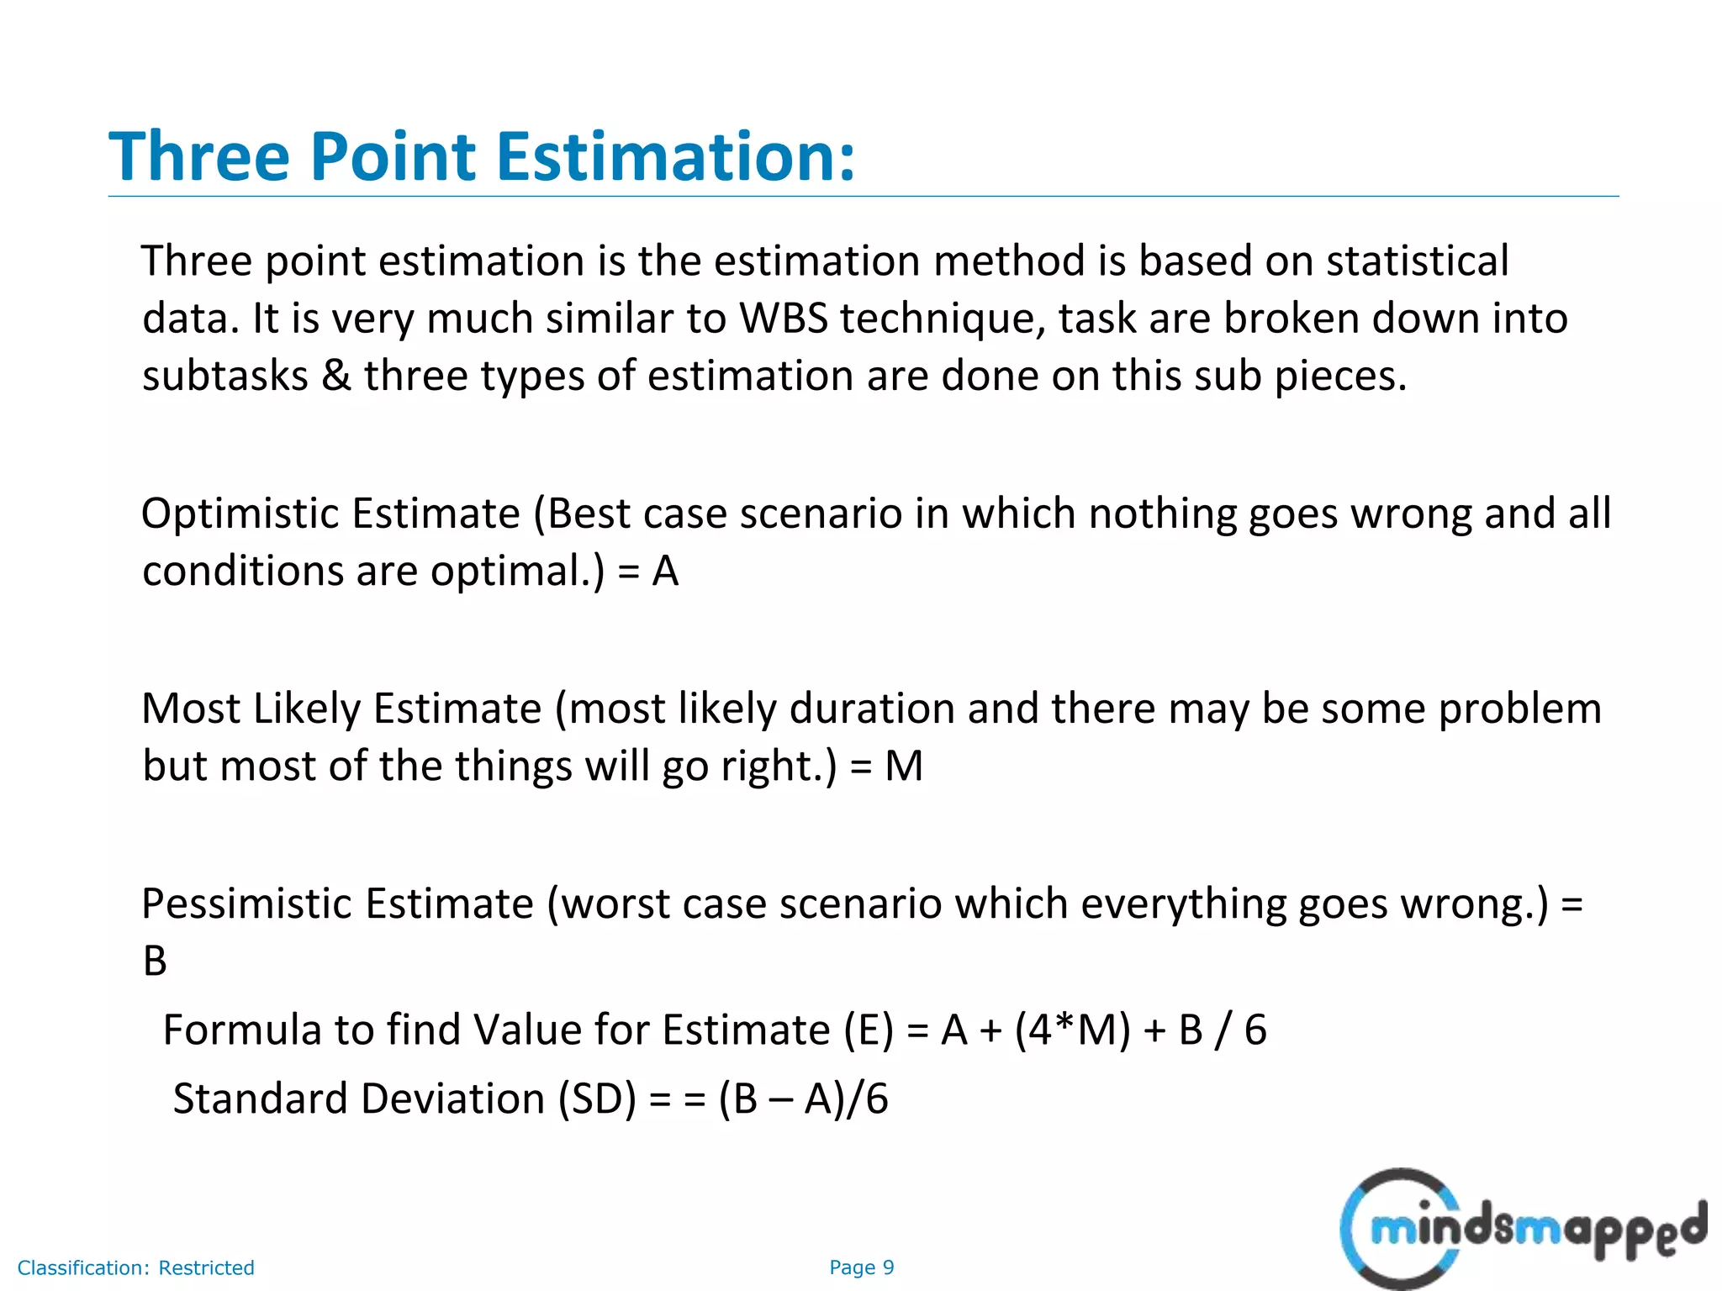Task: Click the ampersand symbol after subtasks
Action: coord(336,375)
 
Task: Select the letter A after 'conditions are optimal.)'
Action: coord(665,572)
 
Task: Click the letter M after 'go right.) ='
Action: coord(904,767)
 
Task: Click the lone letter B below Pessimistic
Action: coord(155,961)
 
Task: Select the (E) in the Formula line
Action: coord(869,1030)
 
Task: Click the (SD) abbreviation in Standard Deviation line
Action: coord(598,1099)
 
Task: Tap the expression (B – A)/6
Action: coord(803,1099)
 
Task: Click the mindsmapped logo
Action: coord(1522,1229)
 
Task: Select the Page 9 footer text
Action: coord(861,1267)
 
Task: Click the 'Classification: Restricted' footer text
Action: coord(136,1267)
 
